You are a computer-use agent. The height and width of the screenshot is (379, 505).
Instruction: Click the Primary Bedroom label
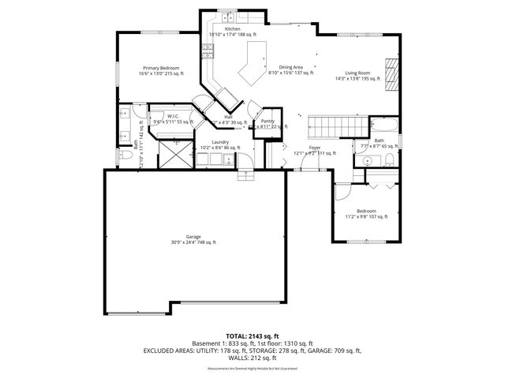pos(160,69)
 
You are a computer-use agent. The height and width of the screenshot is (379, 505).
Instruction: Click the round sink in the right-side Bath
pos(365,160)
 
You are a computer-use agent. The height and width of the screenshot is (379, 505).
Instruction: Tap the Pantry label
pos(267,121)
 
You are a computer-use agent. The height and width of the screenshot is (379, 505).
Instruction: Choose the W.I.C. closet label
pos(173,116)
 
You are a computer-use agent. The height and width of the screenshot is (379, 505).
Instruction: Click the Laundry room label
pos(219,142)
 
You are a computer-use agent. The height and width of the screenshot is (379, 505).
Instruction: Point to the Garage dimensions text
pos(193,242)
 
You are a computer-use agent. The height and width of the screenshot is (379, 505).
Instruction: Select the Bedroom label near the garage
pos(366,211)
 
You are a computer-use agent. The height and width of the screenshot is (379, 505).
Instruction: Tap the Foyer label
pos(314,148)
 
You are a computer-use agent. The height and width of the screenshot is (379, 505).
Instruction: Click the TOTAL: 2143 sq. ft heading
pos(252,336)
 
